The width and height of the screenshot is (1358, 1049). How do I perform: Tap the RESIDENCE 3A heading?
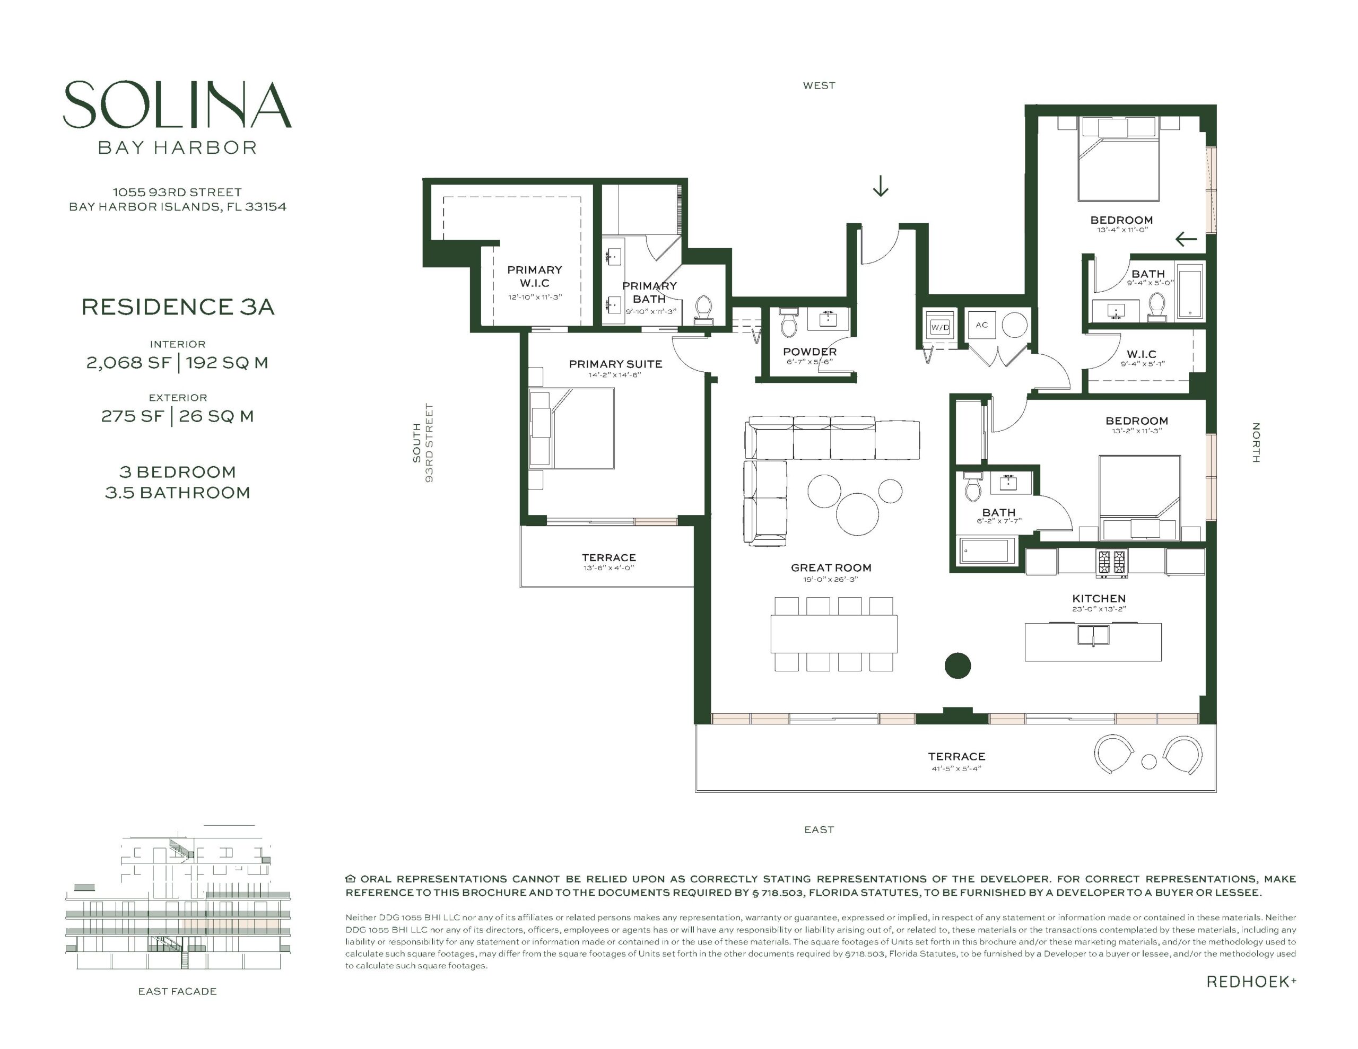[x=178, y=307]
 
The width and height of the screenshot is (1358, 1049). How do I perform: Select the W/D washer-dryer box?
[x=939, y=327]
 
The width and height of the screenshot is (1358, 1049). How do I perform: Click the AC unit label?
[x=981, y=325]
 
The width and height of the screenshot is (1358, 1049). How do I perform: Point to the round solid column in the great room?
[x=957, y=666]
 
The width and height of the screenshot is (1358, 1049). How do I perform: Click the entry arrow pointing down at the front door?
[x=880, y=185]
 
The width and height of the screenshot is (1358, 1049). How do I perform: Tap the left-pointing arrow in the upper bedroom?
[x=1186, y=238]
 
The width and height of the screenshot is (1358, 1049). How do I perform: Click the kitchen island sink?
[x=1093, y=635]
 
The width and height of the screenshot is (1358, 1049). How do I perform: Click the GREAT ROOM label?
[x=831, y=567]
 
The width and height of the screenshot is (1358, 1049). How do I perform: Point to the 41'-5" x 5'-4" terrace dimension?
[x=956, y=768]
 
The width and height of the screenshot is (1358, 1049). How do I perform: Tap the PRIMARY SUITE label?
[x=615, y=364]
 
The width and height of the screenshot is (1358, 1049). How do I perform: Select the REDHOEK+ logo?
[x=1251, y=981]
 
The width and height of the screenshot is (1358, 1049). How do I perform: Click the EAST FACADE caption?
[x=177, y=991]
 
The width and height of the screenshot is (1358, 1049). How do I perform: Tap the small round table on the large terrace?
[x=1149, y=761]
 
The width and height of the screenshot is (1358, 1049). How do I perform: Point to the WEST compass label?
[x=819, y=86]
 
